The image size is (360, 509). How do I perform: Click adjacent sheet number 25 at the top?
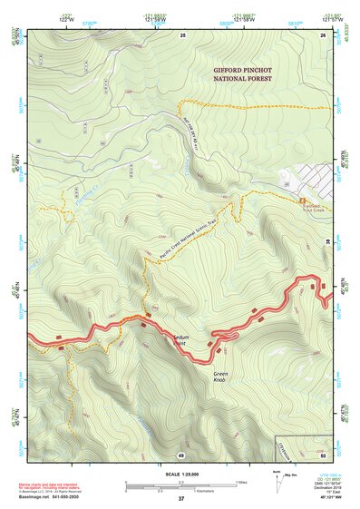182,34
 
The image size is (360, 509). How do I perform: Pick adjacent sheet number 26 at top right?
322,34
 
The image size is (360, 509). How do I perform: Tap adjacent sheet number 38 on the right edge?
327,240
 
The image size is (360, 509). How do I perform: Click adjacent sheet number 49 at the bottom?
181,454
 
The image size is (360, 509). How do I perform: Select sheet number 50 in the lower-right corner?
322,453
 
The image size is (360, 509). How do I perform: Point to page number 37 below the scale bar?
181,499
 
